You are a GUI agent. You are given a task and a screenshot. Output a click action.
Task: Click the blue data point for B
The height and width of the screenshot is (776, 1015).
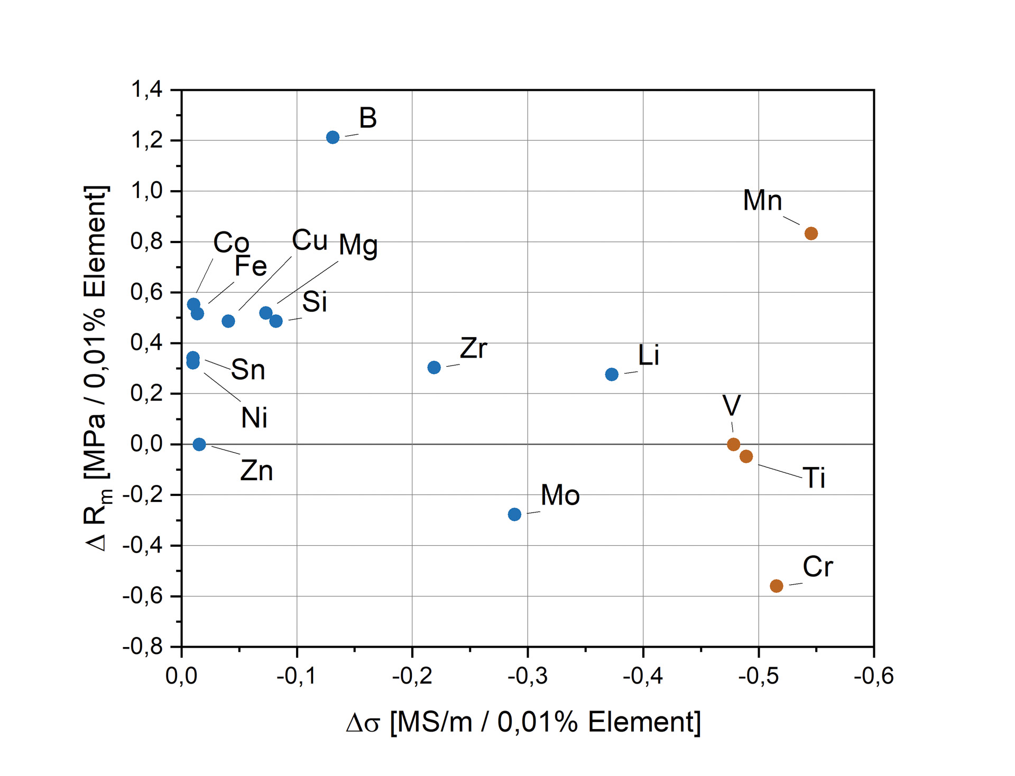pos(333,137)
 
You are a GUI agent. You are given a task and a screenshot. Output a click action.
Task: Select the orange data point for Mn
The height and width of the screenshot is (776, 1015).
pos(811,233)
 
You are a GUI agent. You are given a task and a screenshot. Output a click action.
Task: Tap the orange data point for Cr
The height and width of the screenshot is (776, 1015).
pos(776,586)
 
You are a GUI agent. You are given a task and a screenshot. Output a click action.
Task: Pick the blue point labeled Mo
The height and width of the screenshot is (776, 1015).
pos(514,515)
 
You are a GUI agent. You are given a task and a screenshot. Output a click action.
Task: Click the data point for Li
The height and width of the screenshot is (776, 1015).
pos(612,375)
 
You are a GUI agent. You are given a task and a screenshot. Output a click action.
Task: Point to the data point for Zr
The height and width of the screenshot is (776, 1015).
pos(434,368)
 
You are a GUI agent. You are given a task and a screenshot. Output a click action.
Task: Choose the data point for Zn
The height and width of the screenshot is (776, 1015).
pos(199,445)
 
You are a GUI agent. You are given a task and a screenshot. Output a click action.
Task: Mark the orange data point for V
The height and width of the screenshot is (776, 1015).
pos(733,445)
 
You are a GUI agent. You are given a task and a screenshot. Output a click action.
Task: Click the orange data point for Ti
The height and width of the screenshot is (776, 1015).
pos(746,456)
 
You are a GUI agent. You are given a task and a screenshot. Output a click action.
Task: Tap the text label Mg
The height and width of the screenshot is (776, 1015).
pos(358,246)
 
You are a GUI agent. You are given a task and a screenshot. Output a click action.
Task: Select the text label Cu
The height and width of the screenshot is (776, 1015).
pos(310,241)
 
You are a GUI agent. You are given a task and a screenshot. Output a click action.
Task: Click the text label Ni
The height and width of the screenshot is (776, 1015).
pos(254,418)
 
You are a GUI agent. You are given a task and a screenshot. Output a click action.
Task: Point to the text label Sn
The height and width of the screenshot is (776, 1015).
pos(248,370)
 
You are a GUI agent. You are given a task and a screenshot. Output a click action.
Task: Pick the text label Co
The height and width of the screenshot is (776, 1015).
pos(231,242)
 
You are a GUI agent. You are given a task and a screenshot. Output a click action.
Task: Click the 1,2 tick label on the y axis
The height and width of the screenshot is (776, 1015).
pos(147,141)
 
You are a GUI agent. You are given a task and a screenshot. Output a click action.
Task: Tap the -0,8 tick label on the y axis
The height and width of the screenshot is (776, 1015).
pos(143,647)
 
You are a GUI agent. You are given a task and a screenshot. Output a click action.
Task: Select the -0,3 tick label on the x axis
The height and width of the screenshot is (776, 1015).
pos(528,677)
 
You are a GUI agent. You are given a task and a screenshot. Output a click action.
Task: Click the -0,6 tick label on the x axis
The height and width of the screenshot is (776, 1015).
pos(873,677)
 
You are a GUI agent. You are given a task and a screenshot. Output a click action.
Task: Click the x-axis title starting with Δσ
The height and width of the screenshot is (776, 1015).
pos(523,722)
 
